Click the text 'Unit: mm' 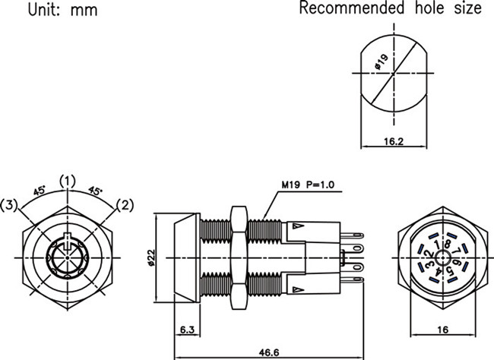click(x=43, y=11)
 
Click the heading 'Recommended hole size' click(x=390, y=9)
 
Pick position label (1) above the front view click(x=68, y=181)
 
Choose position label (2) click(x=125, y=204)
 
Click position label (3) click(x=11, y=204)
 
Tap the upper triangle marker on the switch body click(x=297, y=226)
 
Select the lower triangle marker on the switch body click(x=297, y=289)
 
